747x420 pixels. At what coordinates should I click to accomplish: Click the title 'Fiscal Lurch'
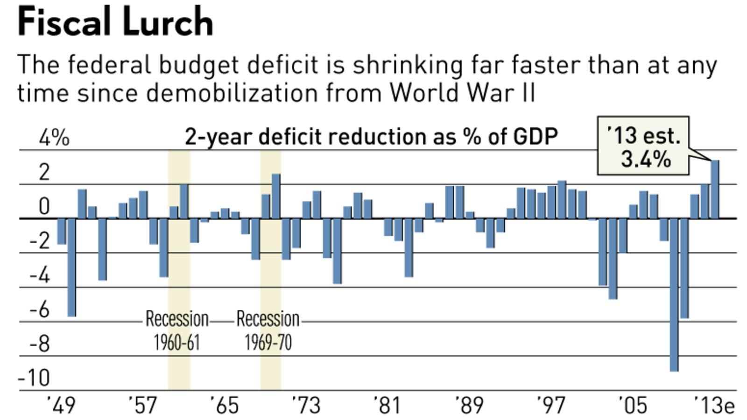tap(115, 22)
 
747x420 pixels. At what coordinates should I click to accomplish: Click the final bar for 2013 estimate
tap(715, 189)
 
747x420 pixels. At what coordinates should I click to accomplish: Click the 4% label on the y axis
tap(54, 138)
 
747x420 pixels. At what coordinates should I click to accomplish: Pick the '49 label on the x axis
tap(61, 405)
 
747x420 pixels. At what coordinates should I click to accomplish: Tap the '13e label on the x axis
tap(714, 405)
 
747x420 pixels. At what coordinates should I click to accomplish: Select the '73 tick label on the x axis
tap(306, 405)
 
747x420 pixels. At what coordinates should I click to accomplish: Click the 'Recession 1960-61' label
tap(177, 330)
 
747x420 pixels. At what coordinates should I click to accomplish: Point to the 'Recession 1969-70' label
tap(268, 330)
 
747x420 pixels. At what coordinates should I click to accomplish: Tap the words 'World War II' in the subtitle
tap(462, 92)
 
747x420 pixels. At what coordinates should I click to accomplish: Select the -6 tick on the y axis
tap(40, 309)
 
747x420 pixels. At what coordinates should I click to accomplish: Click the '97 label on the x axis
tap(551, 405)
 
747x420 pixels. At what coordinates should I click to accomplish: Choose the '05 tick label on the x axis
tap(633, 405)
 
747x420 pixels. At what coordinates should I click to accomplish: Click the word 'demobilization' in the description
tap(232, 92)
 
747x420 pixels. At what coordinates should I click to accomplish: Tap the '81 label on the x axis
tap(387, 405)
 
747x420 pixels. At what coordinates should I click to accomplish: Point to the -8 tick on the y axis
tap(40, 344)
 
